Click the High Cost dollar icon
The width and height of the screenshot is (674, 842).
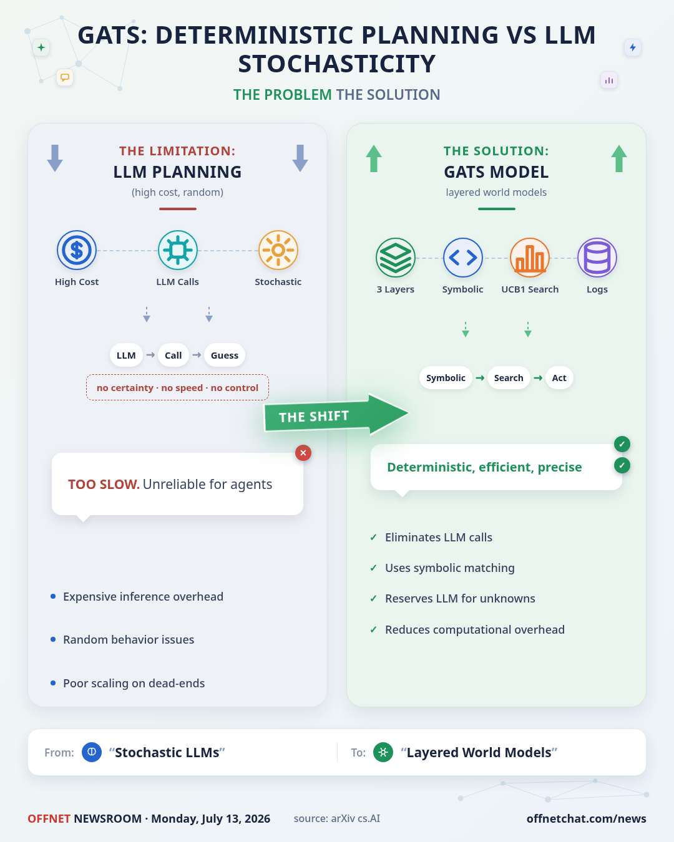77,250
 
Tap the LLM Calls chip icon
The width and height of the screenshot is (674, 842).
177,250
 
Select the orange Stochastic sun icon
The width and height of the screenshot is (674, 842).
278,250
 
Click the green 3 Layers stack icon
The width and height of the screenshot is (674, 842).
396,258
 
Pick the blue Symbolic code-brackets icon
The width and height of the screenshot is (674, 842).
462,258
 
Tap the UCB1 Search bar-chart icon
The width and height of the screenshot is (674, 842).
529,258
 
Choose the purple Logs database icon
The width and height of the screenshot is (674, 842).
597,258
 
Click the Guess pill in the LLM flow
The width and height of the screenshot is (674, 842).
225,355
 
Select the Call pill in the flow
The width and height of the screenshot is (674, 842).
173,355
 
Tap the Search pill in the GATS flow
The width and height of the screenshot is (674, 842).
509,377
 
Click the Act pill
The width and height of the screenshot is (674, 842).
559,377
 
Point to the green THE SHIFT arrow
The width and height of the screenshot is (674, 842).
336,415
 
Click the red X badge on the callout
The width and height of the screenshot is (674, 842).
303,453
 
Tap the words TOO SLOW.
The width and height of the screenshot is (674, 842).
104,485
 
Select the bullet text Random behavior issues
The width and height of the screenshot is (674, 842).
129,639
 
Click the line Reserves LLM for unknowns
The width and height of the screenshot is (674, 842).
460,598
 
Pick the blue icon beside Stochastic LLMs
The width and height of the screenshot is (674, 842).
92,752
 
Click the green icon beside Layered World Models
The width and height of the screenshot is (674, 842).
383,752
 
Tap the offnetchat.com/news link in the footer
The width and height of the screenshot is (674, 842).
586,818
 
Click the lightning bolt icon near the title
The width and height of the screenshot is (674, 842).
632,47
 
